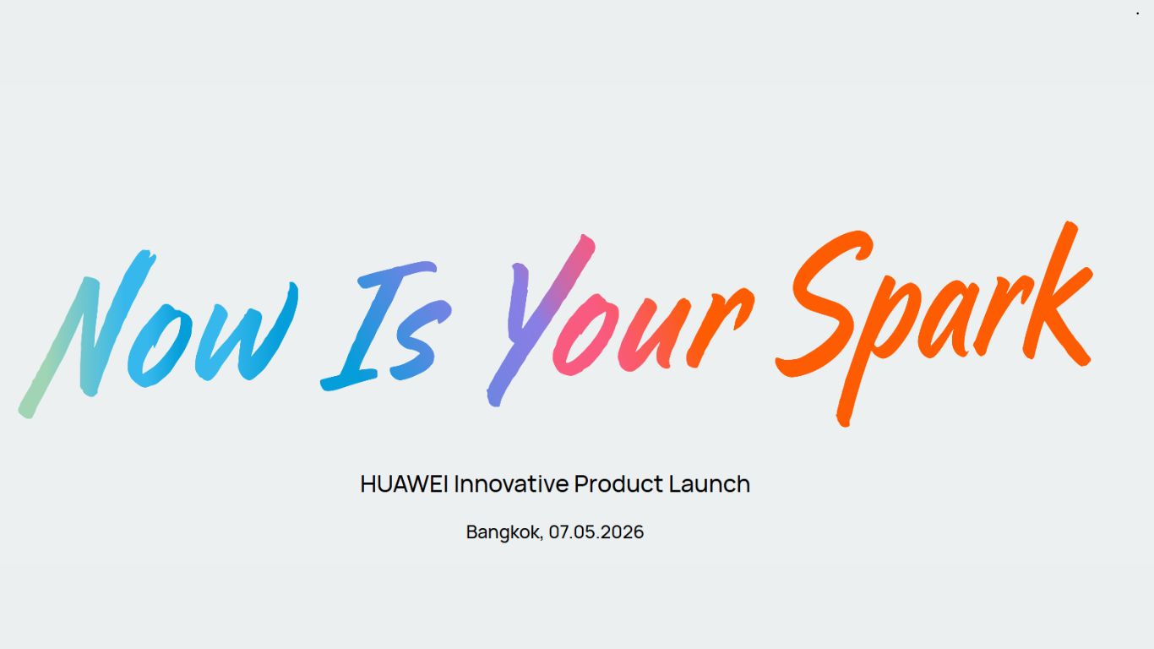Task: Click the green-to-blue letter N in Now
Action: pos(84,334)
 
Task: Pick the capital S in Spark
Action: pos(824,304)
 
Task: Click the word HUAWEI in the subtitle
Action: pos(405,484)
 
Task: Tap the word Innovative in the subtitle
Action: pos(511,484)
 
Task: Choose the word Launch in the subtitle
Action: pos(710,484)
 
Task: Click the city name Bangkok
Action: pos(504,532)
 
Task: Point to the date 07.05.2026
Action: pos(596,532)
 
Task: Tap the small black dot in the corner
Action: pos(1137,14)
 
